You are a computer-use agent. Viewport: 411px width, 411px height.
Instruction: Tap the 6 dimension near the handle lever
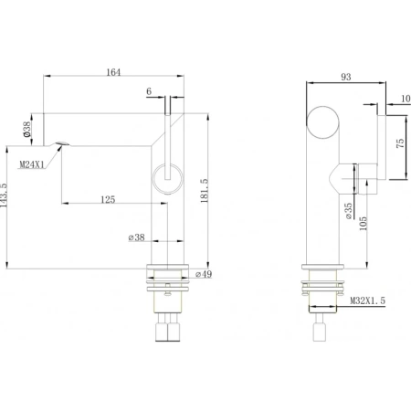click(x=148, y=91)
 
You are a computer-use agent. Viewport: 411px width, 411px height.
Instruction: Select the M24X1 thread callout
click(x=34, y=164)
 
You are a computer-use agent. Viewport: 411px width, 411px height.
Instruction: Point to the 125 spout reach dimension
click(x=109, y=197)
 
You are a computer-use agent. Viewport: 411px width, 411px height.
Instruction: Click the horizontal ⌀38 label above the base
click(x=138, y=239)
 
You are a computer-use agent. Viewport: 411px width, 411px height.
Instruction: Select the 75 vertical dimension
click(x=400, y=146)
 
